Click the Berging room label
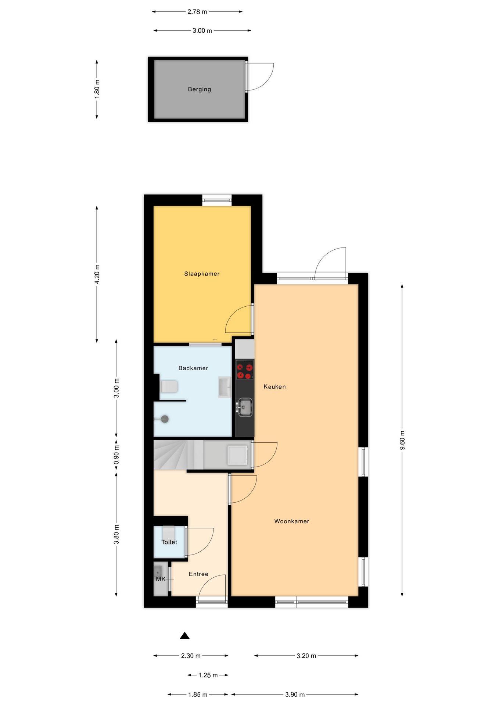click(x=199, y=89)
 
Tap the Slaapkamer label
click(x=202, y=274)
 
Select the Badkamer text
click(x=193, y=368)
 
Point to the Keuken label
click(x=274, y=386)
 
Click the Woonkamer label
click(x=292, y=521)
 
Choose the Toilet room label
click(x=169, y=542)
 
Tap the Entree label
click(x=198, y=574)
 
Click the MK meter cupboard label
click(x=161, y=579)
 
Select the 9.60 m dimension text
click(x=402, y=440)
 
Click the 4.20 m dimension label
click(x=97, y=274)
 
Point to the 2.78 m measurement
click(x=197, y=12)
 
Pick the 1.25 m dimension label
click(x=208, y=675)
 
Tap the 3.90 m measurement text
click(x=295, y=695)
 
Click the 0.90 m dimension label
click(x=116, y=455)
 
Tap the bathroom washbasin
click(x=225, y=387)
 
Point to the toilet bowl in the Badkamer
click(x=169, y=386)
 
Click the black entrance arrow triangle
click(x=184, y=636)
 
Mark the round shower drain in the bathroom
click(x=165, y=419)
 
